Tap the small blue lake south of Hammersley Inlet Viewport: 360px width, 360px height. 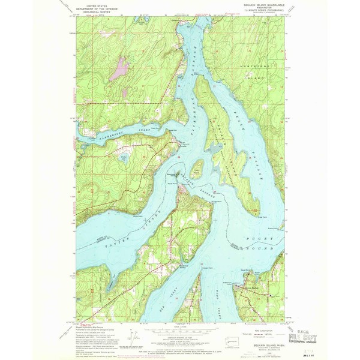[124, 158]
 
